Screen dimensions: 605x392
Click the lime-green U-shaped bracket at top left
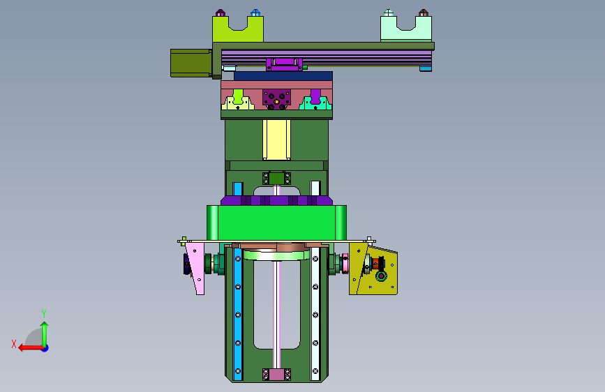[x=221, y=31]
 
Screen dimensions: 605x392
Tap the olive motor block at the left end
[x=191, y=63]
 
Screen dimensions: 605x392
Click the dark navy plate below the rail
[x=283, y=75]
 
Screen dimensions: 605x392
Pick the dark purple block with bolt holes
[x=276, y=100]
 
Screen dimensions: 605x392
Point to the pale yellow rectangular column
[x=276, y=140]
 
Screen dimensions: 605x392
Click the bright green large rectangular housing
[x=276, y=223]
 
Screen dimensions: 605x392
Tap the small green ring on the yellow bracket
[x=381, y=276]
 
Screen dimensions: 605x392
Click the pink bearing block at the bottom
[x=276, y=375]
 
